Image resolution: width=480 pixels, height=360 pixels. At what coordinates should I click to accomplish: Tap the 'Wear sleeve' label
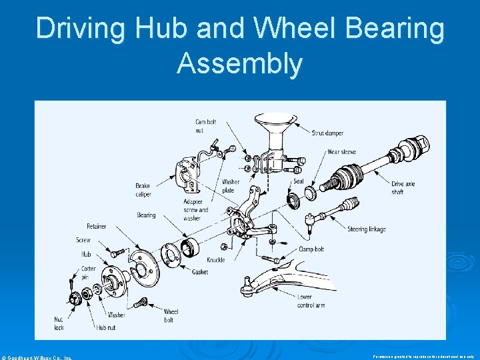[342, 152]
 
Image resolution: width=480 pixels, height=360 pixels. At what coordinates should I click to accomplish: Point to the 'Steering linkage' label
[367, 229]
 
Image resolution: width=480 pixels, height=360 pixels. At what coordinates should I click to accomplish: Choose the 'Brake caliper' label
[143, 190]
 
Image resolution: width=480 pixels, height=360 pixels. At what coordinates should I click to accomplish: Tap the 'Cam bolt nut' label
[205, 126]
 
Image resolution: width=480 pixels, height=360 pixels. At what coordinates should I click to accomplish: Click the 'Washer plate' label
[231, 186]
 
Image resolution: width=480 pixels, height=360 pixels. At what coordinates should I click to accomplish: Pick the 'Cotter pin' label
[89, 273]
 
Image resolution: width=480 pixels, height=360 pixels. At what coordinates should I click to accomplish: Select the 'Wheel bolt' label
[171, 315]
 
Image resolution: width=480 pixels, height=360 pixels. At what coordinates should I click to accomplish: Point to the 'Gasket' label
[200, 271]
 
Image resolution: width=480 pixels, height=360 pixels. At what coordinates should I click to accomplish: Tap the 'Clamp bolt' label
[311, 249]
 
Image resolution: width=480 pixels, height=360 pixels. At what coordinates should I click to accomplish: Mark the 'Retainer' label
[97, 227]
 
